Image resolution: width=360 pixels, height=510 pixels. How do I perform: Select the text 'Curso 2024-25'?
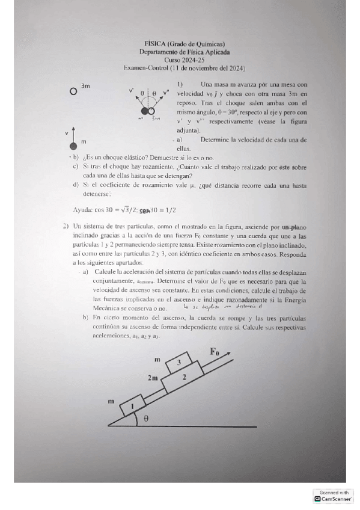click(184, 60)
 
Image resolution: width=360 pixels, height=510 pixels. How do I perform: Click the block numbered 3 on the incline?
click(178, 362)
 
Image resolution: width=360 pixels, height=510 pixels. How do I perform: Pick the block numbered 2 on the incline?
click(185, 377)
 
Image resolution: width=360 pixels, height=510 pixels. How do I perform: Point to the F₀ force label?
click(215, 351)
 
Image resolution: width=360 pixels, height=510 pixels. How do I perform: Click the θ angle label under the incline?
click(146, 419)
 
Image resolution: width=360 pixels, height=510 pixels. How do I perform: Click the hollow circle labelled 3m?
click(73, 91)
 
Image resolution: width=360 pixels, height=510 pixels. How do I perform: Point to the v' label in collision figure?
click(131, 91)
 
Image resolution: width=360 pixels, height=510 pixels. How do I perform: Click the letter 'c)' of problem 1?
click(75, 166)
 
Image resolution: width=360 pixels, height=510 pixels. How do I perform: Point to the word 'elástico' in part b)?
click(131, 157)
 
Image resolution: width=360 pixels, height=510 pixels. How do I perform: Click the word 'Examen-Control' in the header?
click(142, 69)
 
